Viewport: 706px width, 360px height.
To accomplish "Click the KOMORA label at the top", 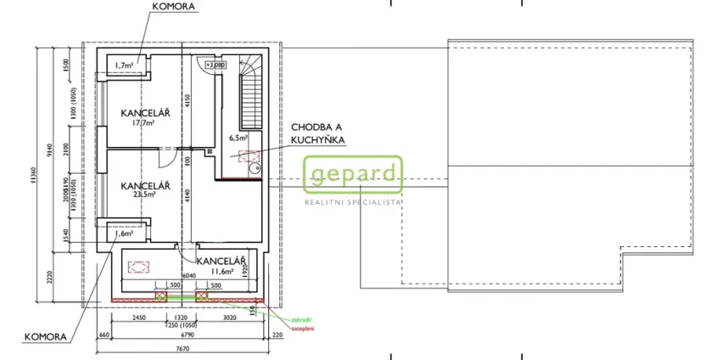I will (x=173, y=6).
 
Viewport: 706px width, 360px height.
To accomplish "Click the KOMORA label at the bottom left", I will (x=43, y=337).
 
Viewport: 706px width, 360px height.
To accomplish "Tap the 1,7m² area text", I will (x=125, y=65).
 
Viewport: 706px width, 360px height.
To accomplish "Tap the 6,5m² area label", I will (x=238, y=138).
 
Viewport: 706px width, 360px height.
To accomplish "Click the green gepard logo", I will (x=353, y=176).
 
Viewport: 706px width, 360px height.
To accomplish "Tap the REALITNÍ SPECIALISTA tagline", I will (x=352, y=202).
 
